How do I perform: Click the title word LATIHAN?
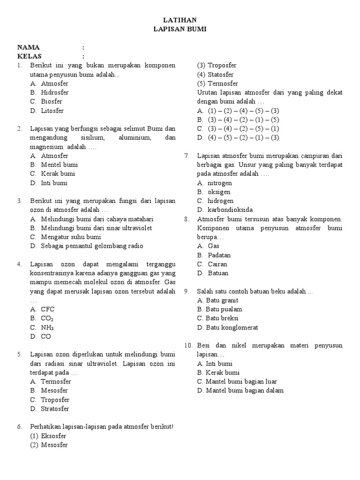tap(180, 20)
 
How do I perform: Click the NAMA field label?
tap(29, 47)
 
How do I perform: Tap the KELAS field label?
tap(30, 56)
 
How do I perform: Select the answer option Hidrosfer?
tap(54, 92)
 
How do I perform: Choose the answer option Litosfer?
tap(52, 111)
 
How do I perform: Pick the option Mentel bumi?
tap(60, 165)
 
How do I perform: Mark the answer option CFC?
tap(48, 309)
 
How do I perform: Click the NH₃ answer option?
tap(47, 328)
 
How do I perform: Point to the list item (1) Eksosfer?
tap(48, 436)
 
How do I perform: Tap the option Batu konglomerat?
tap(227, 327)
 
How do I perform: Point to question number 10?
tap(188, 345)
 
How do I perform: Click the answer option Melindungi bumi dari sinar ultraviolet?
tap(96, 228)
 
